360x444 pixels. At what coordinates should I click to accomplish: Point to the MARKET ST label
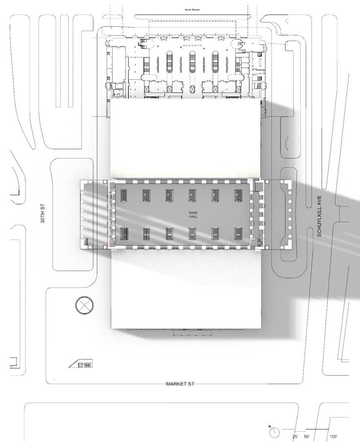[180, 384]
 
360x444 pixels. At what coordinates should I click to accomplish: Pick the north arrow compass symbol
[275, 432]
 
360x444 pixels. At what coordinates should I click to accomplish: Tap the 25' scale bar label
[296, 437]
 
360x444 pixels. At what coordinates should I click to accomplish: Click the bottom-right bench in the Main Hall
[238, 233]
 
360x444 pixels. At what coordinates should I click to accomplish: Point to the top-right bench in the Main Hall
[238, 195]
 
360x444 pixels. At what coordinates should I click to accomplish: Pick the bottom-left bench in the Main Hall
[124, 233]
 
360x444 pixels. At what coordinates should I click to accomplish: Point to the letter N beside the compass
[270, 427]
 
